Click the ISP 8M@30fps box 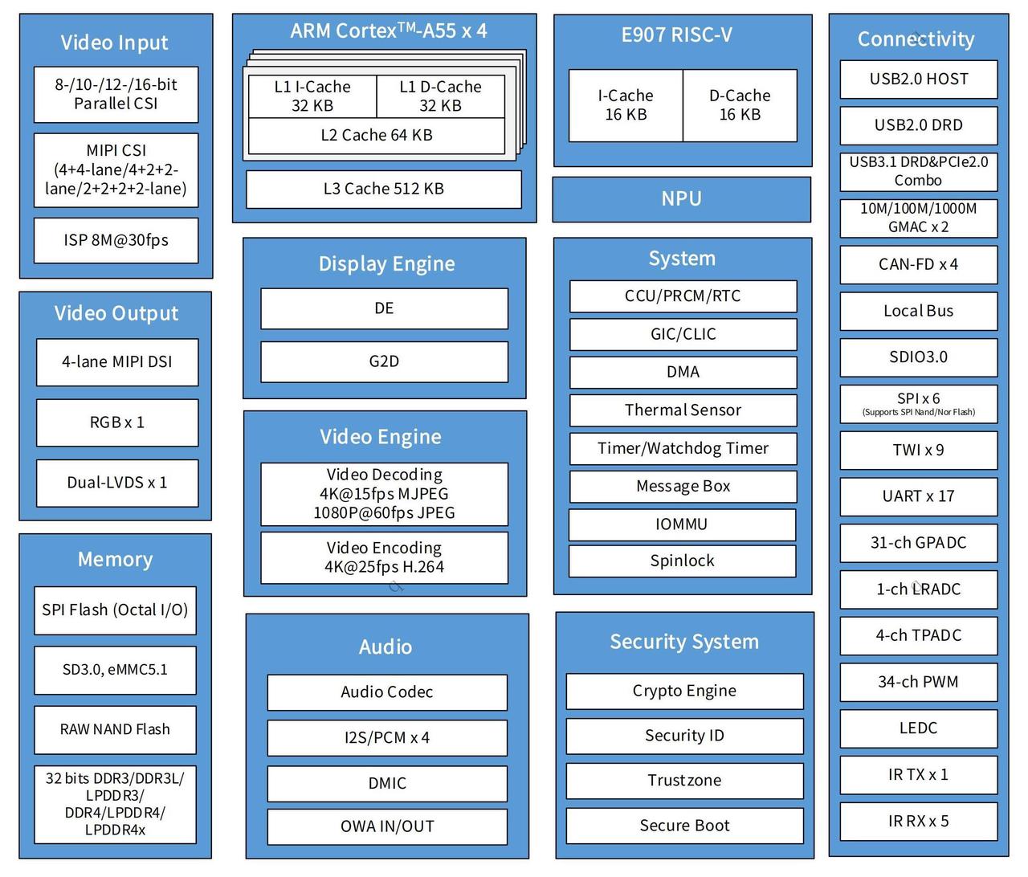tap(116, 240)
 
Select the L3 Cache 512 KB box tap(383, 189)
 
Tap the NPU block tap(681, 199)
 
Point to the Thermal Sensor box tap(683, 410)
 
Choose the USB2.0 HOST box tap(919, 79)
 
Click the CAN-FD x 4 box tap(919, 265)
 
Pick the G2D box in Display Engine tap(384, 361)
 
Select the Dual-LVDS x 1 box tap(117, 483)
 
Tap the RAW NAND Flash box tap(115, 729)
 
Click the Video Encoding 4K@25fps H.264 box tap(384, 557)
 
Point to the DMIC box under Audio tap(387, 784)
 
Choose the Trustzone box tap(684, 781)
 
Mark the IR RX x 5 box tap(919, 822)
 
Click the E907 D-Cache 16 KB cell tap(740, 105)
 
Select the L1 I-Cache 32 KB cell tap(312, 96)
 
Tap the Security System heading tap(684, 642)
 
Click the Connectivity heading tap(916, 39)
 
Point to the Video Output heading tap(116, 313)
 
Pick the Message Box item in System tap(683, 486)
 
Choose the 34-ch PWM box tap(919, 682)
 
